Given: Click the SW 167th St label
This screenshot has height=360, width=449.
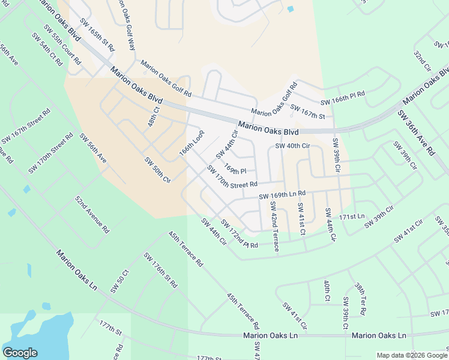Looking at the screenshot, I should pos(307,112).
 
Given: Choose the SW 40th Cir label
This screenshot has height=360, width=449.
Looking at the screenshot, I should pos(292,146).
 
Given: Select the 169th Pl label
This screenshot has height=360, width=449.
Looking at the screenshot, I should pos(235,170).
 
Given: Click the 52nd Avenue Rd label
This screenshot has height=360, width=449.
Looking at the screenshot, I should pos(92,214).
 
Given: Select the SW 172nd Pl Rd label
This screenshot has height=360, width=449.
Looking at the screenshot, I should pos(238,235).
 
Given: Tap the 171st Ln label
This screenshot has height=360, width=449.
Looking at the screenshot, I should pos(352,216).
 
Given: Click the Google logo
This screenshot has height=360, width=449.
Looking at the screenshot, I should pos(20,353).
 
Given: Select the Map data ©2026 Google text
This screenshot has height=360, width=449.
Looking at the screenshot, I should pos(411,355).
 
